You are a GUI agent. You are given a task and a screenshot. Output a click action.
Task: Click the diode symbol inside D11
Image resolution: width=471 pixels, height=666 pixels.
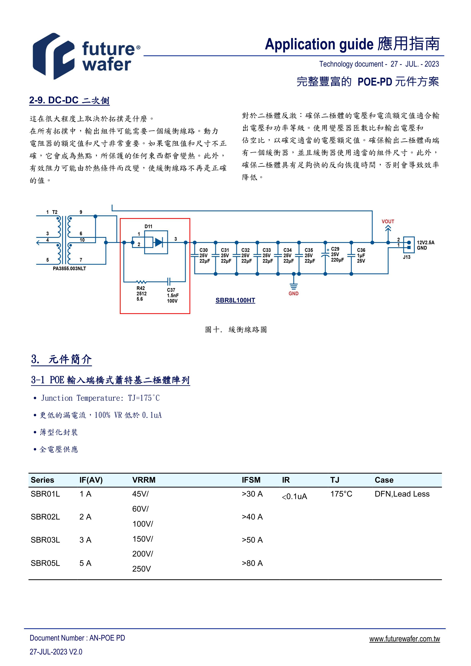(x=158, y=242)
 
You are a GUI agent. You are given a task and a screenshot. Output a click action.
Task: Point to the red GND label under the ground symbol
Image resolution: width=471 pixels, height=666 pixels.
(x=293, y=294)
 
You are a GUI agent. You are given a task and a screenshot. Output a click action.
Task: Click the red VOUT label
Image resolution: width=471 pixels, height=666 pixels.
(x=388, y=222)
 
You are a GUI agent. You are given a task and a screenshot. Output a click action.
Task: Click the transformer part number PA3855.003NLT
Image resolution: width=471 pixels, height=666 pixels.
(x=69, y=269)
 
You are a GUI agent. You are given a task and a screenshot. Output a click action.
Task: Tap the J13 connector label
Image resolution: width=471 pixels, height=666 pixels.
(x=407, y=257)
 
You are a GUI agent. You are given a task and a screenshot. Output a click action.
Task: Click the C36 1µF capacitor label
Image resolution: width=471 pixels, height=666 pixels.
(x=361, y=255)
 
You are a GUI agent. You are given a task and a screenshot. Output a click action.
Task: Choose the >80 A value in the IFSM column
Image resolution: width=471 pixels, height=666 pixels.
(x=252, y=563)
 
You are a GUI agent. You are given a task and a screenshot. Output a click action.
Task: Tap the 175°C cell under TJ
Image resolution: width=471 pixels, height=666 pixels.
(x=341, y=494)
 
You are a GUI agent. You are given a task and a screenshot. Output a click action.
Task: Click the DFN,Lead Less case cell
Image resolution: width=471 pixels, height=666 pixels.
(x=402, y=494)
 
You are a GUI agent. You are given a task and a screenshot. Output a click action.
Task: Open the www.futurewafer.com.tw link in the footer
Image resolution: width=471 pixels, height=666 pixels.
(x=404, y=639)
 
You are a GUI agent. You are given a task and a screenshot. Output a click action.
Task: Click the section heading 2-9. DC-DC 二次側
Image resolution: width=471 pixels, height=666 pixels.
(x=69, y=100)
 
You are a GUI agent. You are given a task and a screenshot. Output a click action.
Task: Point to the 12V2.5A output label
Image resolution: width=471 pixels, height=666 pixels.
(x=425, y=242)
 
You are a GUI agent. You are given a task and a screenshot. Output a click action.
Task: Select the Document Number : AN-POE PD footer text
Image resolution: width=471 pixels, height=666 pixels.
(x=77, y=638)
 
